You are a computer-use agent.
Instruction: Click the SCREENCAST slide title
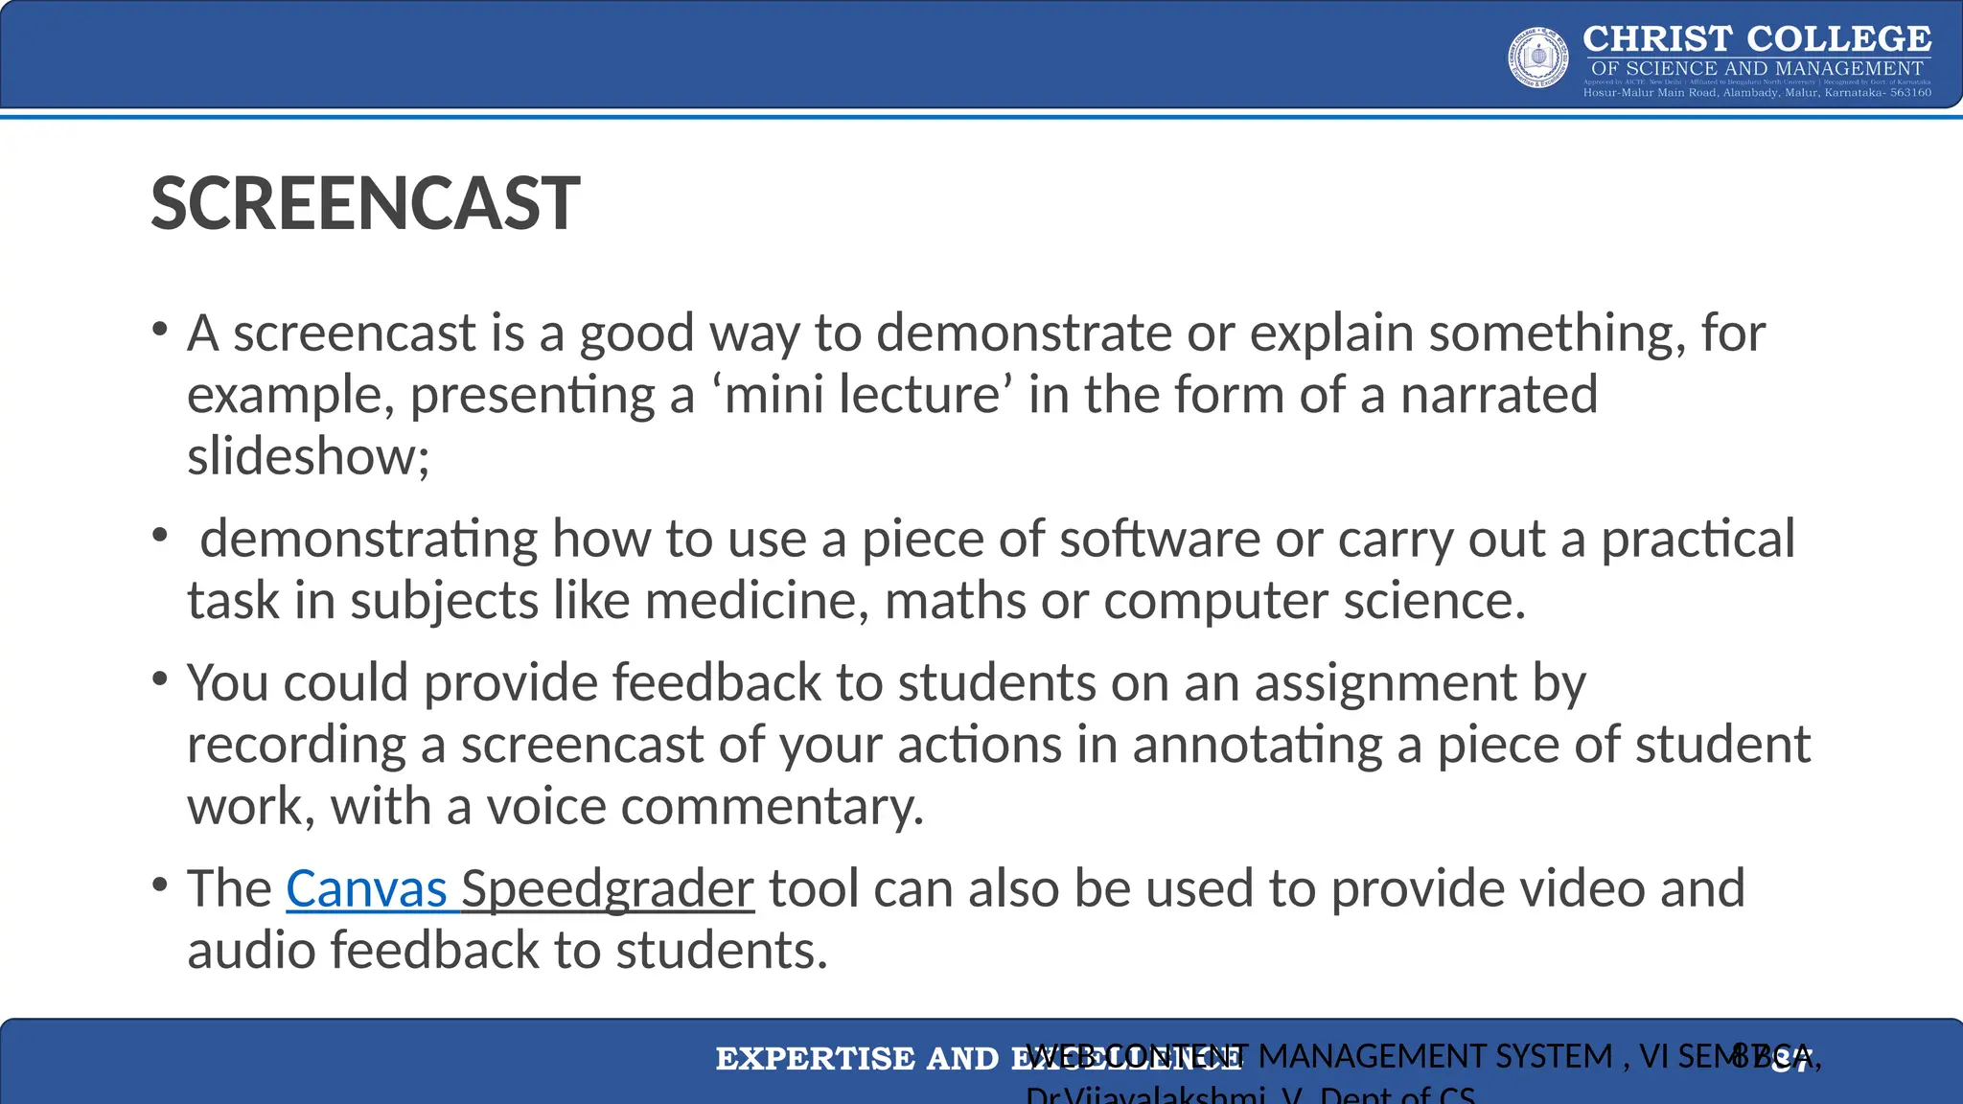365,204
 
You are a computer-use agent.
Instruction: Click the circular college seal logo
1538,57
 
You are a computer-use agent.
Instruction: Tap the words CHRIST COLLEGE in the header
1756,39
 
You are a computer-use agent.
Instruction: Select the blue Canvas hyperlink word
366,889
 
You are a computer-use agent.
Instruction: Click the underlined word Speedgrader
608,889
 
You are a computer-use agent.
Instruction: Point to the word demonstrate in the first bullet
1023,333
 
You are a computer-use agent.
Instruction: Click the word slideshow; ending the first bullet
308,456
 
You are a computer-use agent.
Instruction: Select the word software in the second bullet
1159,539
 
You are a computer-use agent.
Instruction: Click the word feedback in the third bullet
716,683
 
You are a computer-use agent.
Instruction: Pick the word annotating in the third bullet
1258,746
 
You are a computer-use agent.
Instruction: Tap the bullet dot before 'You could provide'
160,679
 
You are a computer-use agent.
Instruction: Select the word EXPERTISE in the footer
815,1059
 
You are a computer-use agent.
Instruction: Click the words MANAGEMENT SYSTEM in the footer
1435,1056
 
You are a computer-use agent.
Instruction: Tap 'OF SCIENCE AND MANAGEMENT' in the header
1756,68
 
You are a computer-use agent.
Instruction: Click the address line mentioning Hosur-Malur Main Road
1756,93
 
